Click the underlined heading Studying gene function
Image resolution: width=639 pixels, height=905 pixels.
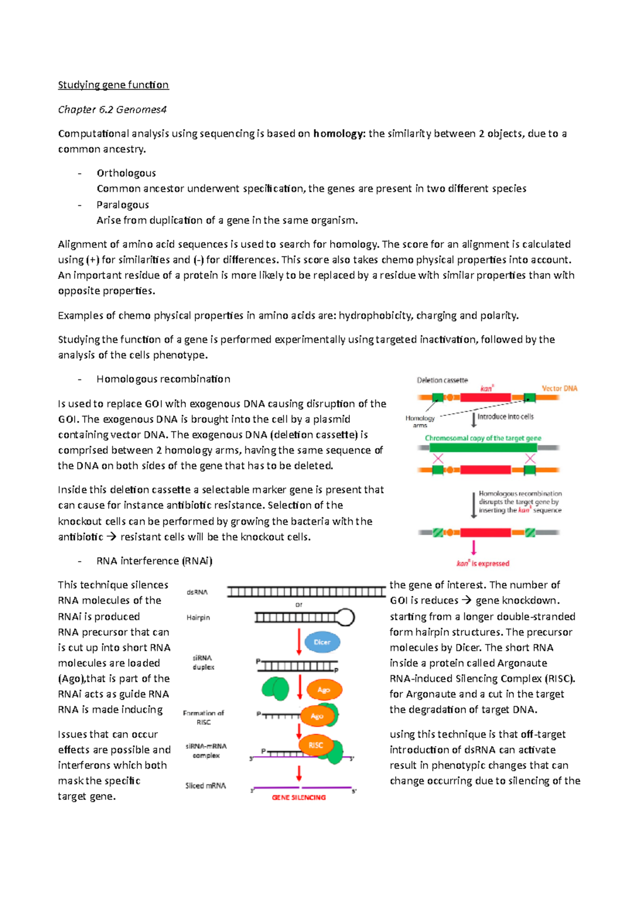[x=113, y=85]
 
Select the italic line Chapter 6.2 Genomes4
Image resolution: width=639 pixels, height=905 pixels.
[x=112, y=109]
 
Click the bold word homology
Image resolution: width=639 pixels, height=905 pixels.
[x=339, y=134]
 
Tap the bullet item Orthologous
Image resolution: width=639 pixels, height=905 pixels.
[x=126, y=173]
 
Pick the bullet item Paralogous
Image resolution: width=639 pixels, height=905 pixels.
[x=122, y=205]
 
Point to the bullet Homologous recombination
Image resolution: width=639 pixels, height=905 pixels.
[x=163, y=379]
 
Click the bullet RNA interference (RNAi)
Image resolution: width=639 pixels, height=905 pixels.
[x=154, y=561]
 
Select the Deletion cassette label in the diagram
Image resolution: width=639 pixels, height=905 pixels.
[x=442, y=380]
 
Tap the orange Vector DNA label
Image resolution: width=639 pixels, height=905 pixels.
[x=559, y=389]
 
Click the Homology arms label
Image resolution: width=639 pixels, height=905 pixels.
[x=420, y=422]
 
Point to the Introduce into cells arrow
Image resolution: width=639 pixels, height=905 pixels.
[x=474, y=419]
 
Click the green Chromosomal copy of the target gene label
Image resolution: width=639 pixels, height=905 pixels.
[x=482, y=438]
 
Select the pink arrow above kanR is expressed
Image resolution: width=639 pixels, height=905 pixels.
[x=473, y=547]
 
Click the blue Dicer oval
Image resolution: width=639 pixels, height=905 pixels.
[x=322, y=642]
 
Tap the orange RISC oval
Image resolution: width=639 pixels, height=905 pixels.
[x=316, y=745]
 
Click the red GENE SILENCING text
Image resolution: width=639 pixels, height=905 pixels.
[x=299, y=797]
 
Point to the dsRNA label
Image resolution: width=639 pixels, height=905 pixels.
[x=197, y=592]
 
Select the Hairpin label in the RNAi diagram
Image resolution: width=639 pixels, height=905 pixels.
[x=198, y=618]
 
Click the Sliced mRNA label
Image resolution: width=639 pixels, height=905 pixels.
[x=206, y=786]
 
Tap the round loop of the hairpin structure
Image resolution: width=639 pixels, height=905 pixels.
[x=346, y=617]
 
